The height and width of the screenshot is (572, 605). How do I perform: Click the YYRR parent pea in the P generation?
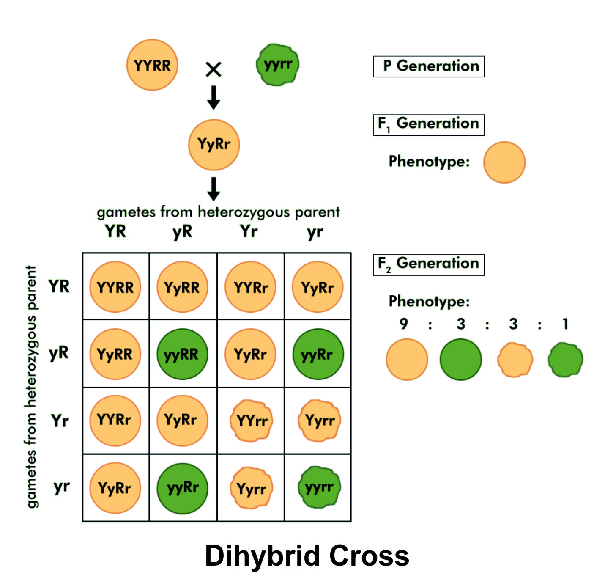pyautogui.click(x=152, y=65)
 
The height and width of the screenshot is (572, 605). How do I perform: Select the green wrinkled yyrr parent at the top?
pyautogui.click(x=277, y=65)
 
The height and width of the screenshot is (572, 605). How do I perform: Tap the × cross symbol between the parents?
pyautogui.click(x=214, y=69)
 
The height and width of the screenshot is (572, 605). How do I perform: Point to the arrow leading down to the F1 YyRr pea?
pyautogui.click(x=214, y=97)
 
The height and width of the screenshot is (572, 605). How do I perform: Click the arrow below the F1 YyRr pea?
pyautogui.click(x=214, y=189)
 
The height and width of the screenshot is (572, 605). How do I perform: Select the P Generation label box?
pyautogui.click(x=428, y=66)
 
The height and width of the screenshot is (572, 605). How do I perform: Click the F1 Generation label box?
pyautogui.click(x=428, y=125)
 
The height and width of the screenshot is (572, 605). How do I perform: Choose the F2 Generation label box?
pyautogui.click(x=428, y=265)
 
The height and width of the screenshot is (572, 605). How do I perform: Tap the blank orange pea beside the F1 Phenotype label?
pyautogui.click(x=504, y=162)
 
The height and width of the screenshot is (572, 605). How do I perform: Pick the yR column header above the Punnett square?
pyautogui.click(x=183, y=232)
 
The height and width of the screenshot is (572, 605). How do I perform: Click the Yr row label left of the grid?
pyautogui.click(x=60, y=421)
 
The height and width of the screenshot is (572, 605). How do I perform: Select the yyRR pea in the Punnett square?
pyautogui.click(x=182, y=354)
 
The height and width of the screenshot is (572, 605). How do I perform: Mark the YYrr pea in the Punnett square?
pyautogui.click(x=251, y=421)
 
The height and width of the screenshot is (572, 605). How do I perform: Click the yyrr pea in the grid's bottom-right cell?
pyautogui.click(x=319, y=487)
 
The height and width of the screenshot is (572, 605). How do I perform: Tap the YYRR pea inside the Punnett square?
pyautogui.click(x=115, y=287)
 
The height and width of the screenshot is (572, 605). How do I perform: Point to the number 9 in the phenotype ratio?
pyautogui.click(x=404, y=324)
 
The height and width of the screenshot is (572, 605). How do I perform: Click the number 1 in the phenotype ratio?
pyautogui.click(x=565, y=324)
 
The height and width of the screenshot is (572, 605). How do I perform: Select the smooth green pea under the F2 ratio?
pyautogui.click(x=460, y=360)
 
